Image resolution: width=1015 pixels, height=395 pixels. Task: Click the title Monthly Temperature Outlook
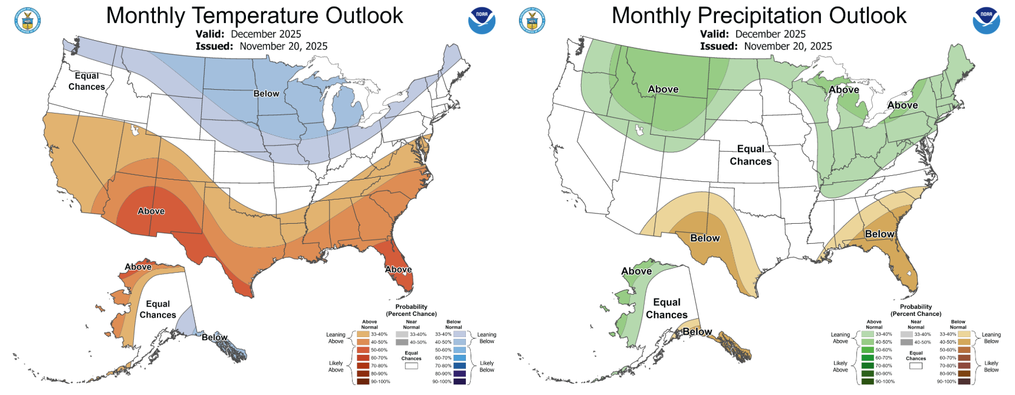254,15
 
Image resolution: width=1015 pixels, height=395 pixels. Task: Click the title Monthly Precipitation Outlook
758,15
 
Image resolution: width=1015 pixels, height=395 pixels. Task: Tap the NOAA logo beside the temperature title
481,21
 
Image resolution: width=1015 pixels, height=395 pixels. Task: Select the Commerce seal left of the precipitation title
532,21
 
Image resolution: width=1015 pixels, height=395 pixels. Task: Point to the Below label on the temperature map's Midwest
266,93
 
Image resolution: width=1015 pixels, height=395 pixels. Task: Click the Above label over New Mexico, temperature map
151,211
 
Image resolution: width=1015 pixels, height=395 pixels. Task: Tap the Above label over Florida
398,269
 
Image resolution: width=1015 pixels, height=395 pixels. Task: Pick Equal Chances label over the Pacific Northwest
87,81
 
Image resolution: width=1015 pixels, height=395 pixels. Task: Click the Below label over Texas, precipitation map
705,238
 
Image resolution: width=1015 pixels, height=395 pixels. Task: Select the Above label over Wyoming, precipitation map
663,89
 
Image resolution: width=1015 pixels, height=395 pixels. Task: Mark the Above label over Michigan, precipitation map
843,90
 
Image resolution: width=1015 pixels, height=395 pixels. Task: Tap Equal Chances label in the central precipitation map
750,155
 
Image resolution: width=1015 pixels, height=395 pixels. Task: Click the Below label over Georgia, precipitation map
879,234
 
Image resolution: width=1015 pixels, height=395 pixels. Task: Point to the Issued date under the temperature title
261,46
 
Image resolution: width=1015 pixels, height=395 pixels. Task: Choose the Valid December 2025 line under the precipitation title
753,34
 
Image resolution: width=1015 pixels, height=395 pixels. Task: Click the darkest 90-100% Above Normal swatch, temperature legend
363,381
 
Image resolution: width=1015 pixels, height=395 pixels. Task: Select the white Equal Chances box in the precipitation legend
915,366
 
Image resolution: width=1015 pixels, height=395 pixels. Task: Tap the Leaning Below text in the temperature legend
487,338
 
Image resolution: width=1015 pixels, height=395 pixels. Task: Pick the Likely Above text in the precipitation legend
840,367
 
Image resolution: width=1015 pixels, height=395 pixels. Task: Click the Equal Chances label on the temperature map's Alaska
157,309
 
